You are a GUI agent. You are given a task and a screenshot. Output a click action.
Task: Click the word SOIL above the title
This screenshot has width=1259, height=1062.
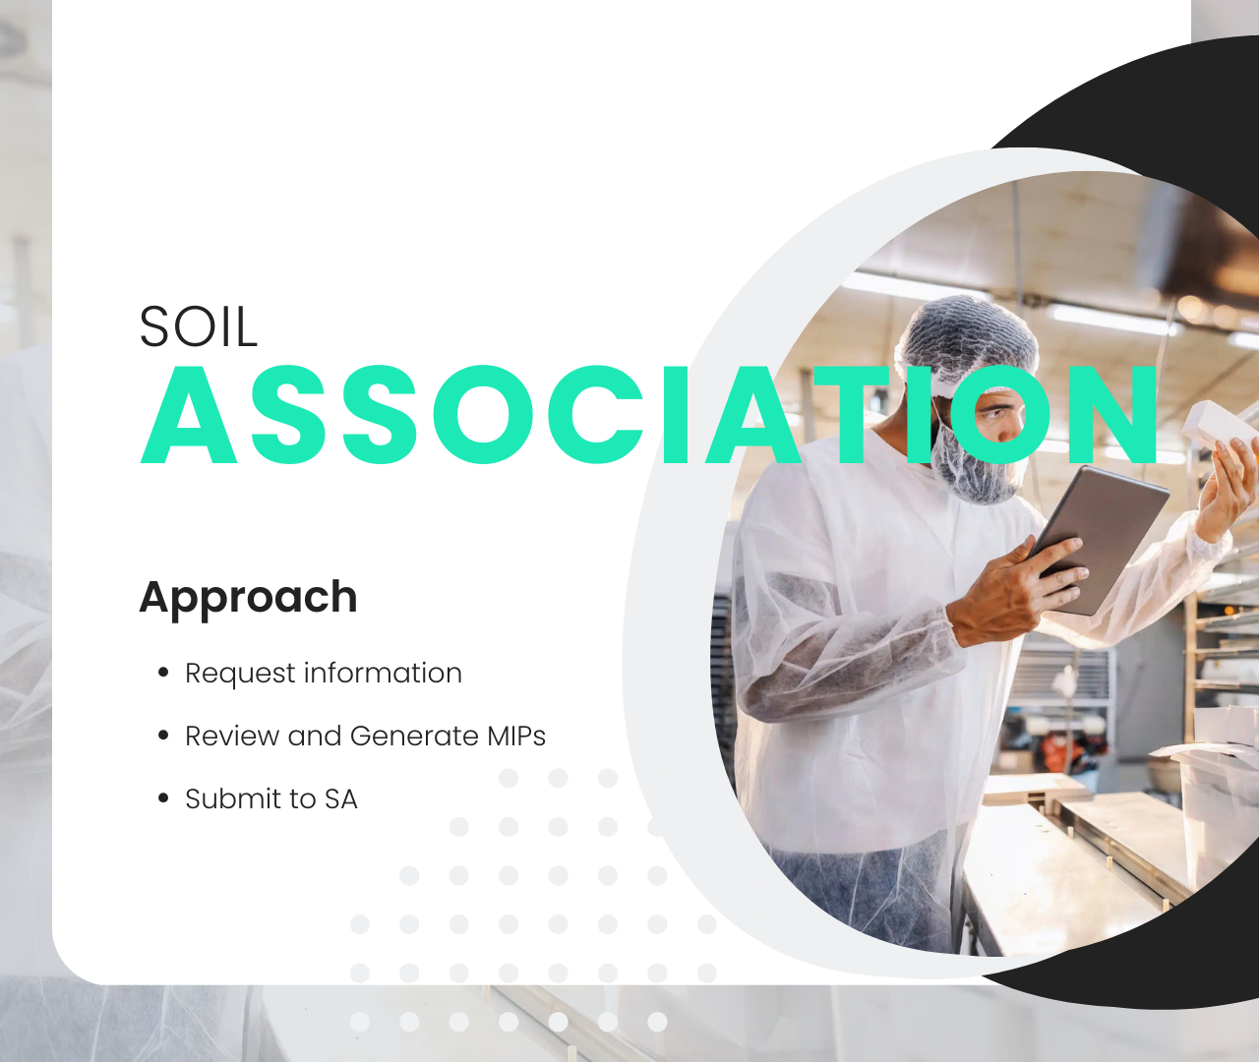tap(199, 326)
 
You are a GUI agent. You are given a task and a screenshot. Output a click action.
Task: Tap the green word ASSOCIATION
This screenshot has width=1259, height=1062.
tap(649, 415)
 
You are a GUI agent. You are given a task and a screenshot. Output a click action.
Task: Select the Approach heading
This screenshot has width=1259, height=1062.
tap(249, 598)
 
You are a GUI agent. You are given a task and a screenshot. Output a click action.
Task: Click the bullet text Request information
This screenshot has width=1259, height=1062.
tap(324, 674)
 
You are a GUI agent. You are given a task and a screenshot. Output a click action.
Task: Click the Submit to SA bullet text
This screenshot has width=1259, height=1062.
tap(271, 799)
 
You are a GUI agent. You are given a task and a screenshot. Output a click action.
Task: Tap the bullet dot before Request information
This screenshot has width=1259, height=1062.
tap(163, 673)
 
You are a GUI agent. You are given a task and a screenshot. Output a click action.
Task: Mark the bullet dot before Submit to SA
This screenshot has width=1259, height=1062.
tap(163, 798)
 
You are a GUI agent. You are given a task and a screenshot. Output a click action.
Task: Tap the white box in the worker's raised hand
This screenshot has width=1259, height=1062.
tap(1218, 425)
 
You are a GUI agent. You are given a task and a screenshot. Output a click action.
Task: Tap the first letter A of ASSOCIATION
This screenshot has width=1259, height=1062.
tap(189, 415)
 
